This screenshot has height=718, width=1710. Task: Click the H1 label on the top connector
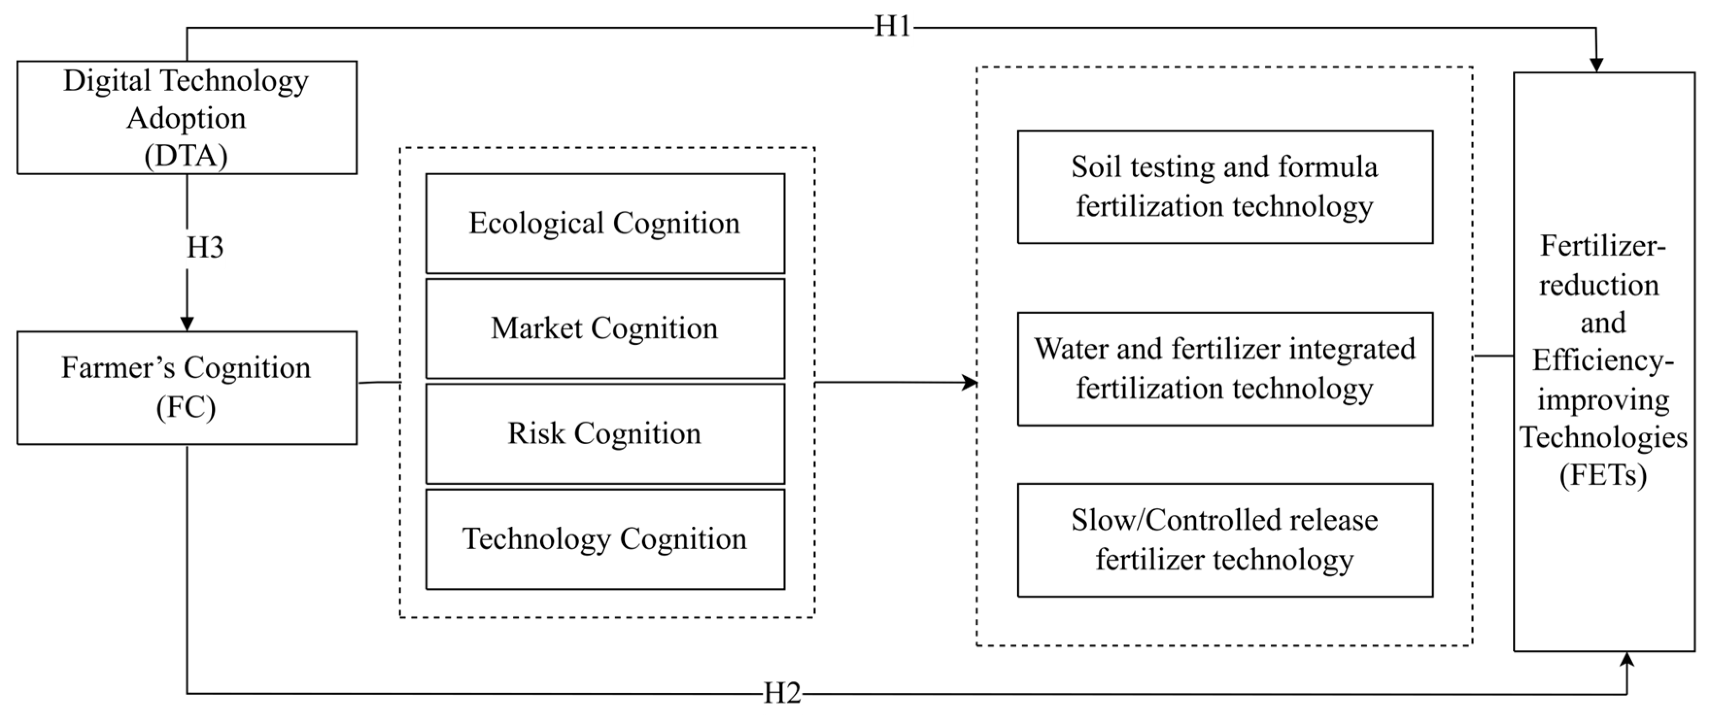[x=892, y=27]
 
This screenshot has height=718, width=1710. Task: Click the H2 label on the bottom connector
[x=782, y=693]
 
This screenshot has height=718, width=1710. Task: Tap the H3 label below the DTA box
[x=205, y=248]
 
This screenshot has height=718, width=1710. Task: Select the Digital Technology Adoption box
[x=187, y=117]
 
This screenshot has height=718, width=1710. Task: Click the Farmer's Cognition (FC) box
[x=187, y=387]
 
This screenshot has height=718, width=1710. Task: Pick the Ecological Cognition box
[x=605, y=223]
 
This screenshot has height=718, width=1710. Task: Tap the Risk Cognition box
[x=605, y=434]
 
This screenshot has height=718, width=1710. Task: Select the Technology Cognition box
[x=605, y=539]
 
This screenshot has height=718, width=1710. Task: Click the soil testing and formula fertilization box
[x=1225, y=186]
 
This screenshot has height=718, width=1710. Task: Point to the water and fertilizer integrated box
[x=1225, y=369]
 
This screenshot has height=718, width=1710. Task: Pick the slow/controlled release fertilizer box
[x=1225, y=539]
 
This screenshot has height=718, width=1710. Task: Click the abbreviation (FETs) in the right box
[x=1603, y=475]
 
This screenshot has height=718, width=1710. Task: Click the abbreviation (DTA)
[x=187, y=156]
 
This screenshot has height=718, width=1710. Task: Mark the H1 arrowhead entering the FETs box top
[x=1596, y=65]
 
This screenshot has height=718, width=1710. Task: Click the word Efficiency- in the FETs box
[x=1603, y=361]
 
